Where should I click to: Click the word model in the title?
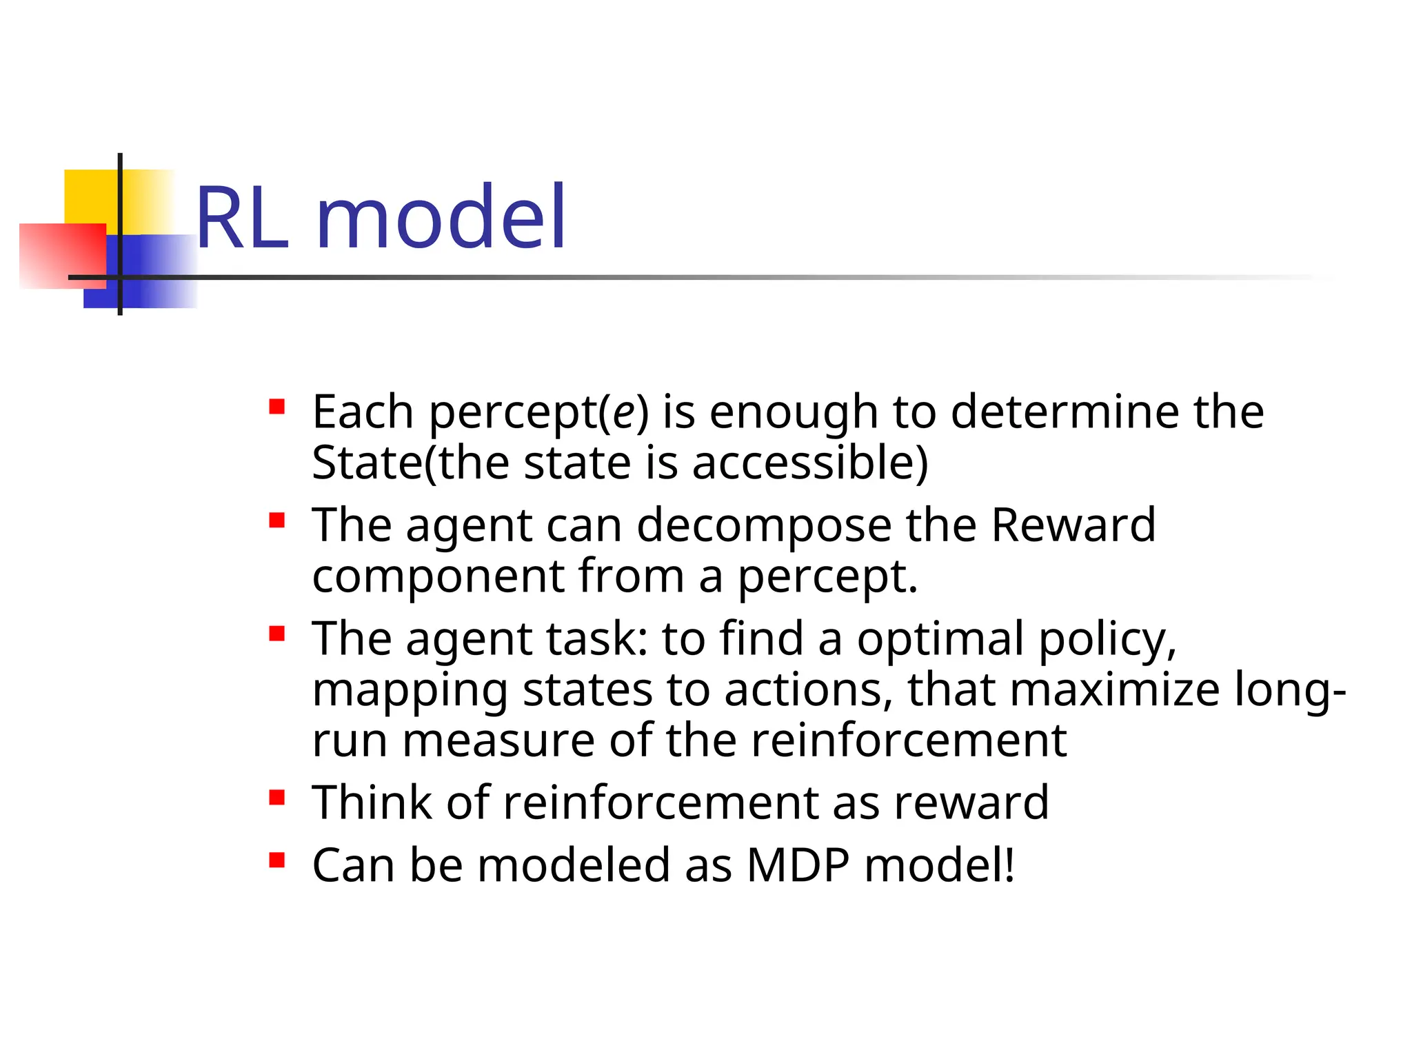click(x=441, y=217)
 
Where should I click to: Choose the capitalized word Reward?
click(x=1073, y=525)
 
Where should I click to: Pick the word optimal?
click(x=940, y=639)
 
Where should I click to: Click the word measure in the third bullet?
click(x=498, y=741)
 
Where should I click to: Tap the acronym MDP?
click(x=798, y=865)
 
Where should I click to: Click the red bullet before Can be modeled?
click(x=277, y=860)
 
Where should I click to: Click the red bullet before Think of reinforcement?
click(x=277, y=798)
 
